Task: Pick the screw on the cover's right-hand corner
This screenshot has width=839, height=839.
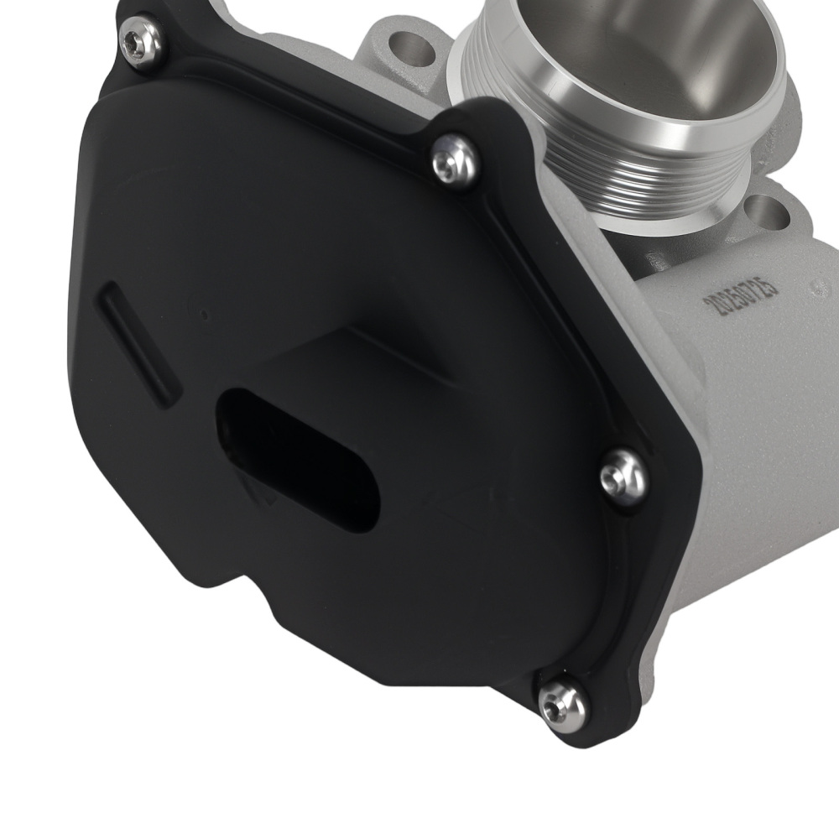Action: [623, 477]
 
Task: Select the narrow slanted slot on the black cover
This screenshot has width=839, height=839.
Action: [139, 340]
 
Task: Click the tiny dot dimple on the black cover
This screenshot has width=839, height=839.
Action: [204, 316]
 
